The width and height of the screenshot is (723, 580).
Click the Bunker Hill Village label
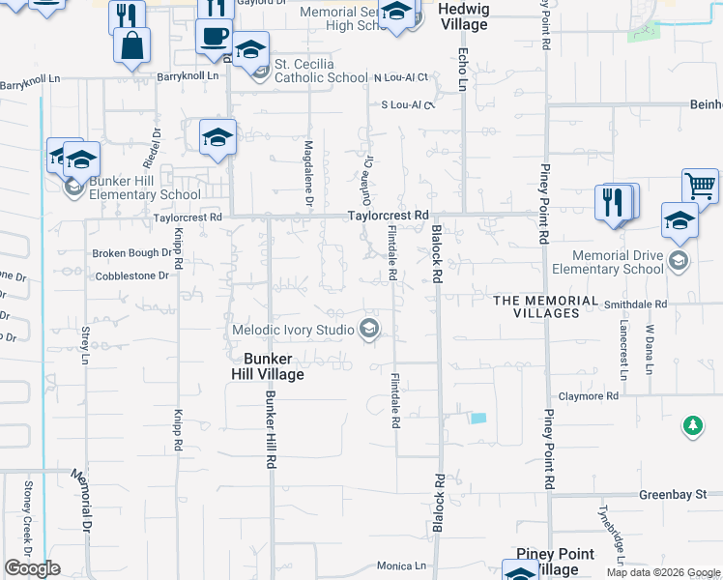267,366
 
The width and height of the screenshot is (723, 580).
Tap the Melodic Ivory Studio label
293,330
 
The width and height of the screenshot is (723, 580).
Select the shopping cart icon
699,186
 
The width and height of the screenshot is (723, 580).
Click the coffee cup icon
214,37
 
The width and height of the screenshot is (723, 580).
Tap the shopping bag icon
130,45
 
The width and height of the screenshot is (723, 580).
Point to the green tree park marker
692,425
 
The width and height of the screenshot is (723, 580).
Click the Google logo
32,568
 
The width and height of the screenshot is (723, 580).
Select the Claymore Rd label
588,396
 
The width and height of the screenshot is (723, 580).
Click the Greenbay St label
673,494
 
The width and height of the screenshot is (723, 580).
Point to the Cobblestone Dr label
132,275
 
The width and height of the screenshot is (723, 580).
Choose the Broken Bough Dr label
131,253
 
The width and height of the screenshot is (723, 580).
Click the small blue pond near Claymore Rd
477,418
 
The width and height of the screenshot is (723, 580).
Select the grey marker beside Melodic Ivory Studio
368,330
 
